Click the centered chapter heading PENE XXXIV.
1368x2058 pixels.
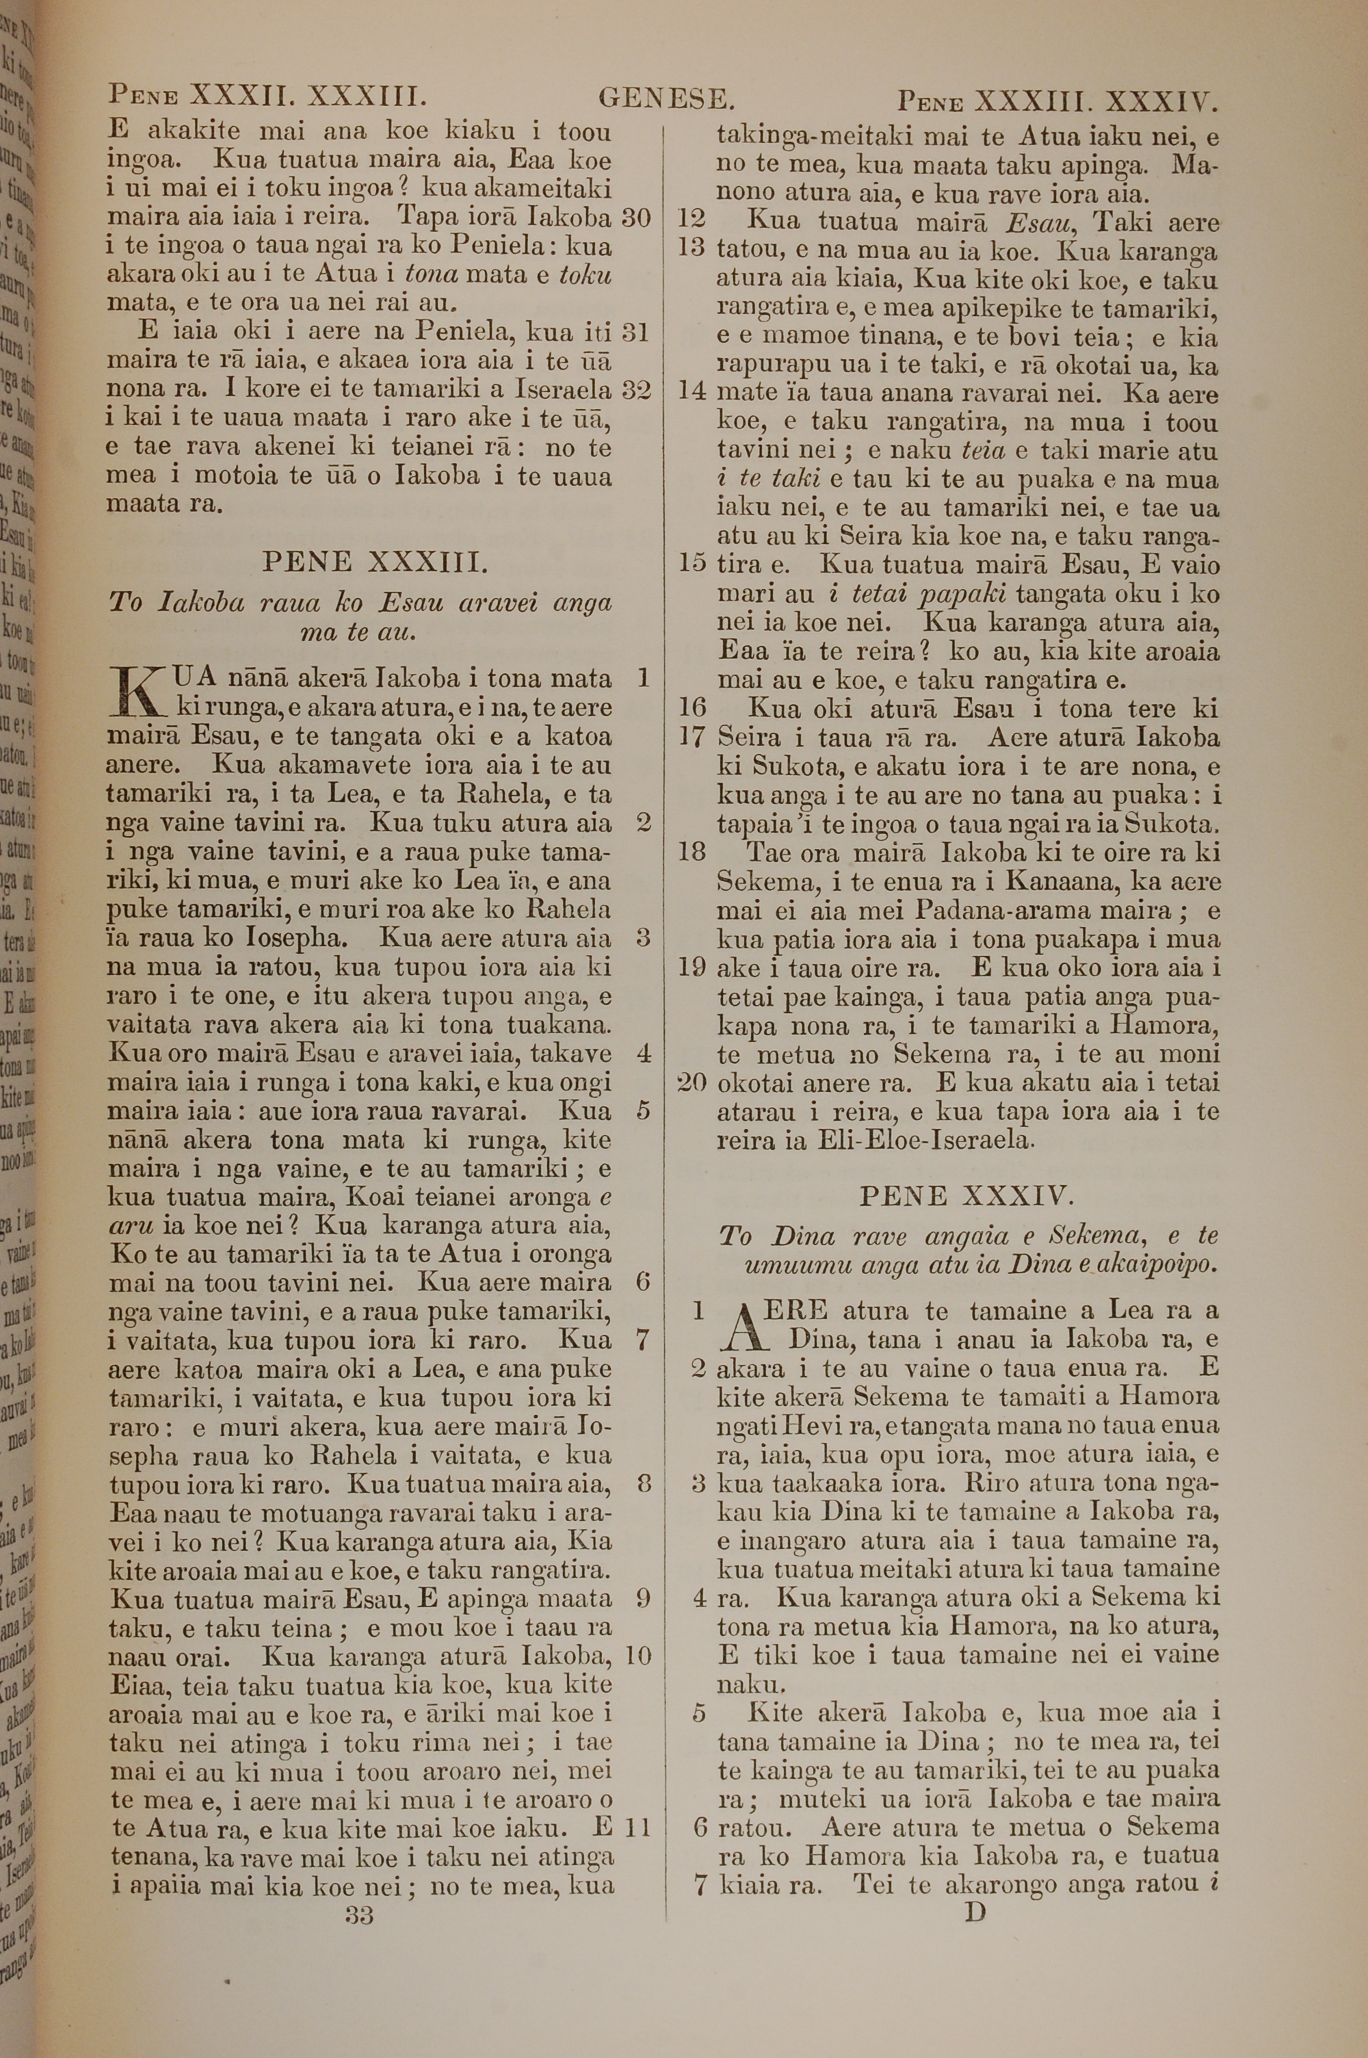pos(966,1195)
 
